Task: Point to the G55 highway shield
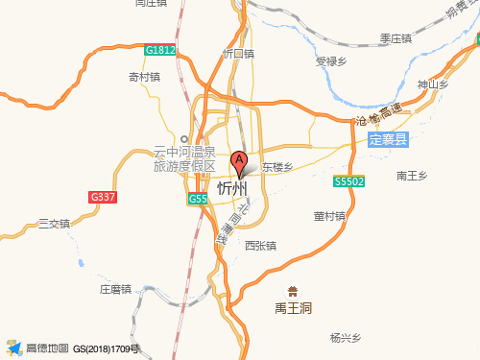[197, 199]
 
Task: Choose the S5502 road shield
[348, 180]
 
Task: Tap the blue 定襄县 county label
[388, 140]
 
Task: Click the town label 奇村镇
[144, 77]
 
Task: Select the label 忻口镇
[238, 54]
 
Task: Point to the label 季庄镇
[395, 39]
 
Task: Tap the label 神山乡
[433, 85]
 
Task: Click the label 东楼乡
[276, 166]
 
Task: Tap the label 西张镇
[260, 246]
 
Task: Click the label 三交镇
[54, 224]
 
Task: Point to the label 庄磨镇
[115, 288]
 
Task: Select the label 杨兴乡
[344, 338]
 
